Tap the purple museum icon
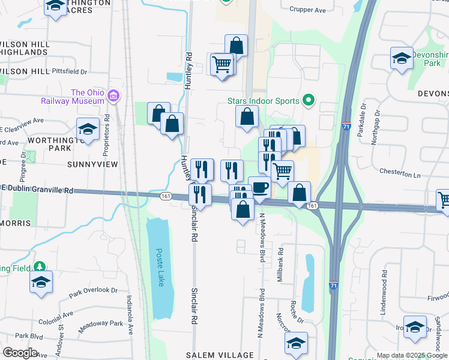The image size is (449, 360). [x=113, y=95]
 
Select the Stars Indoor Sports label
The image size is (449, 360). [x=262, y=101]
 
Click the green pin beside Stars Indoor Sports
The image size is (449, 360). [x=309, y=100]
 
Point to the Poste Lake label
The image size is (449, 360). [x=159, y=268]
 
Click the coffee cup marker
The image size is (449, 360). [x=259, y=187]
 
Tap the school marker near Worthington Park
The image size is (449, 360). [x=88, y=130]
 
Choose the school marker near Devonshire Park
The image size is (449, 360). [x=402, y=59]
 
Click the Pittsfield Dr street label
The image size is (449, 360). [x=70, y=71]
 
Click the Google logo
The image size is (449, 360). [x=20, y=353]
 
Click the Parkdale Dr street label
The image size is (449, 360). [x=361, y=124]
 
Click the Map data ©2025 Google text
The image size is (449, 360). [x=411, y=355]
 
